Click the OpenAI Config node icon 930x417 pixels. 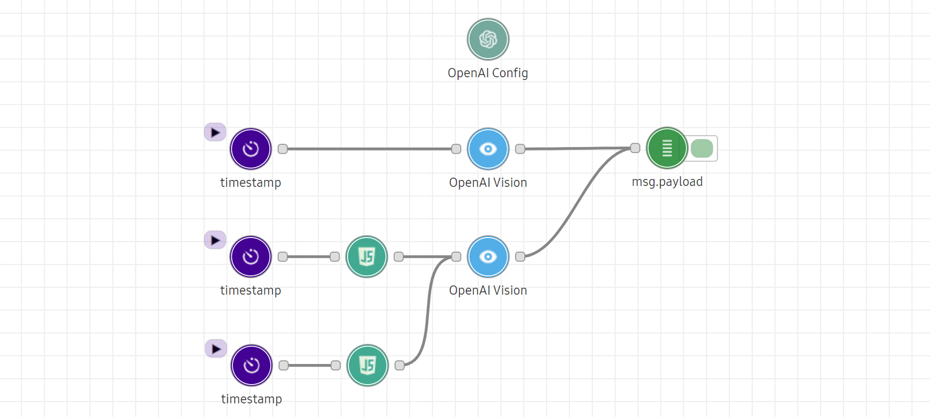pos(488,39)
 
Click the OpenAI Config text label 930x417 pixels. pos(488,73)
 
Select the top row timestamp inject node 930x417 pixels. pos(251,149)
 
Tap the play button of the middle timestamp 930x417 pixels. pos(215,240)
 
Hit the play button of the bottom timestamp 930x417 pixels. pos(216,349)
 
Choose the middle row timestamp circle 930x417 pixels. pos(251,256)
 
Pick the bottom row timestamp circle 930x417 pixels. pos(251,365)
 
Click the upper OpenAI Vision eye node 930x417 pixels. pos(488,149)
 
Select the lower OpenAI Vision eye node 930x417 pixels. pos(488,256)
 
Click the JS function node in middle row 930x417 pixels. pos(366,256)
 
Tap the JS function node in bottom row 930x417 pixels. pos(368,365)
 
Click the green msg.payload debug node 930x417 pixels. pos(666,148)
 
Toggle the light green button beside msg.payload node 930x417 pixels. pos(702,148)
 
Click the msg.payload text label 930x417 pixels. pos(667,182)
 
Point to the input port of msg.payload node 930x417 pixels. pos(635,148)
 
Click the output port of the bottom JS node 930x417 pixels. pos(400,365)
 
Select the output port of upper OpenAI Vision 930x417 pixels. pos(520,149)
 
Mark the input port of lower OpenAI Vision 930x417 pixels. pos(456,256)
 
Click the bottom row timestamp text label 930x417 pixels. pos(251,399)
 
